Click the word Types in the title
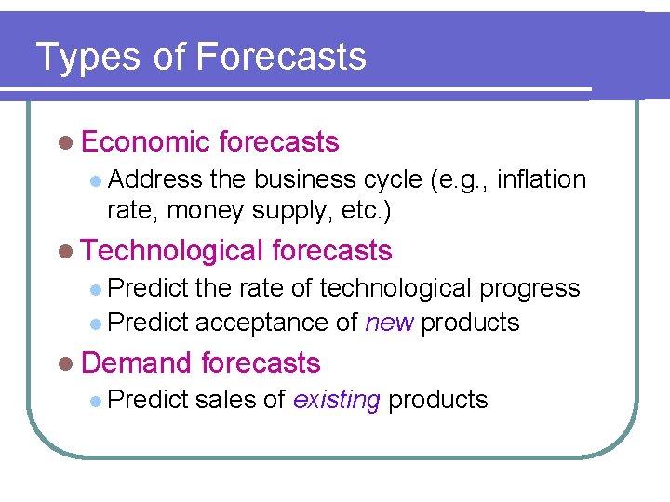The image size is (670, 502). (86, 58)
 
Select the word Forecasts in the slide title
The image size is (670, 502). (282, 57)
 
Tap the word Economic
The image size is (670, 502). (145, 142)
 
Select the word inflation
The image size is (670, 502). (542, 179)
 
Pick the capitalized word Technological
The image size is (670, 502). (172, 251)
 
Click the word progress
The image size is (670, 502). (529, 289)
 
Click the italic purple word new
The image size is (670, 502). (389, 323)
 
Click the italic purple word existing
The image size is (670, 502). (336, 400)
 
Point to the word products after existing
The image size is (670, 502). (438, 401)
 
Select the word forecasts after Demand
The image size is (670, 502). (261, 363)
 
